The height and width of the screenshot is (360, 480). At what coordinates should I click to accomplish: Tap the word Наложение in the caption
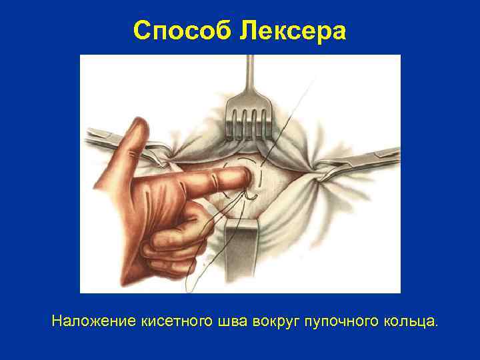pyautogui.click(x=94, y=322)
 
